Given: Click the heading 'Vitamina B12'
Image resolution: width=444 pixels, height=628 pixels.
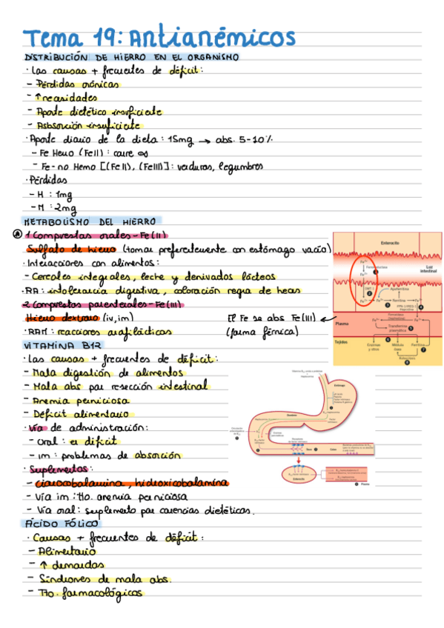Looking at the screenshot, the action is click(53, 345).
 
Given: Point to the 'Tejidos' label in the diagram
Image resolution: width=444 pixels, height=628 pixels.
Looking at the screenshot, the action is click(342, 342).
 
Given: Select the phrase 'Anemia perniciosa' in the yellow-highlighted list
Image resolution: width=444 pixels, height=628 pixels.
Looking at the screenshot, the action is click(70, 399).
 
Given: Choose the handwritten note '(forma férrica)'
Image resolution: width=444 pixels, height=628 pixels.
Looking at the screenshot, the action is click(263, 333).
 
